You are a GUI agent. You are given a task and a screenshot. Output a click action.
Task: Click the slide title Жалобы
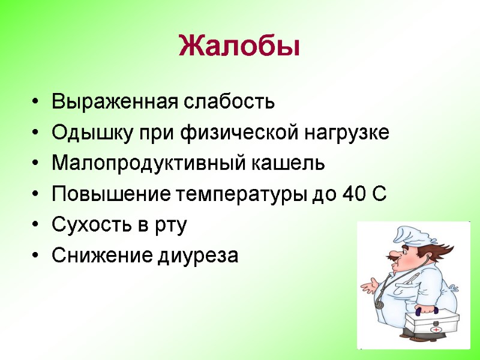pyautogui.click(x=239, y=46)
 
